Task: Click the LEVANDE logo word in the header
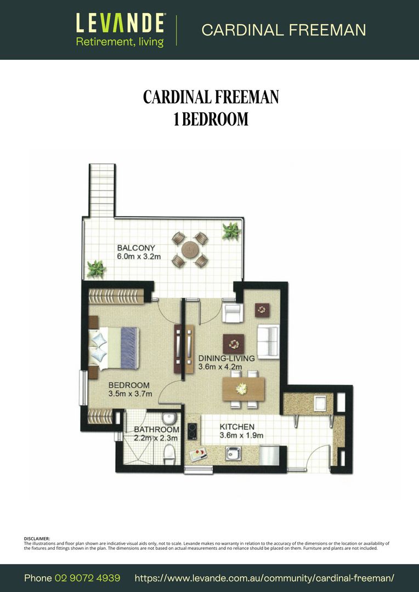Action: pyautogui.click(x=120, y=23)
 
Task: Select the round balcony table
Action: pyautogui.click(x=190, y=249)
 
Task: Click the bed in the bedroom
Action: pyautogui.click(x=114, y=348)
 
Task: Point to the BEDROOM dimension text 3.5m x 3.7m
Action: pyautogui.click(x=130, y=394)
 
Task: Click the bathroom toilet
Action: pyautogui.click(x=169, y=454)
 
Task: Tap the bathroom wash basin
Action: pyautogui.click(x=168, y=418)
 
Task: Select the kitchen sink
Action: pyautogui.click(x=233, y=453)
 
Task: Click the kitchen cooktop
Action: pyautogui.click(x=192, y=431)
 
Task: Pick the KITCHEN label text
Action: pyautogui.click(x=237, y=426)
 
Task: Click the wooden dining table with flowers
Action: pyautogui.click(x=244, y=389)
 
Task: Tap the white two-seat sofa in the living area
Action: pyautogui.click(x=268, y=341)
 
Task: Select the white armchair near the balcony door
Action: pyautogui.click(x=233, y=312)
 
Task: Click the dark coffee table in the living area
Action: pyautogui.click(x=234, y=344)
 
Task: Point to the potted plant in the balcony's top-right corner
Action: pyautogui.click(x=231, y=231)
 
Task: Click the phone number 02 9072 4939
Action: pyautogui.click(x=87, y=578)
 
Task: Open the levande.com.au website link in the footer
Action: pyautogui.click(x=264, y=578)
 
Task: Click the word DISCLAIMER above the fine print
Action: pyautogui.click(x=37, y=538)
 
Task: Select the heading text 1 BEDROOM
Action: pyautogui.click(x=211, y=118)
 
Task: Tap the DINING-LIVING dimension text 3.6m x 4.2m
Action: pyautogui.click(x=220, y=367)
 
